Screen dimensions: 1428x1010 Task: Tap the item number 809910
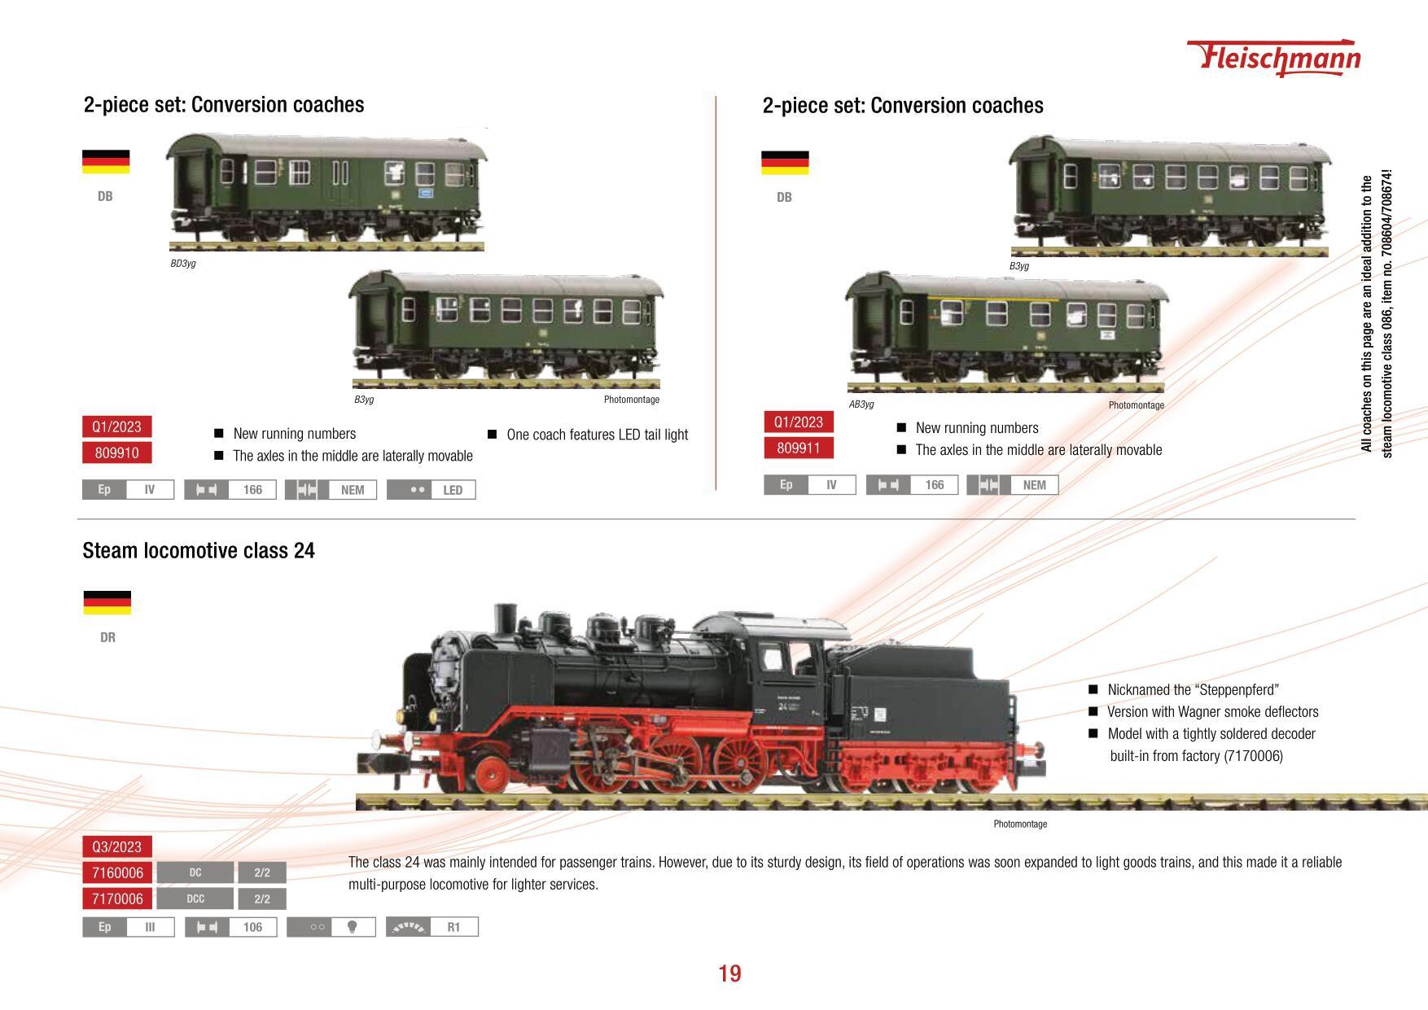[116, 453]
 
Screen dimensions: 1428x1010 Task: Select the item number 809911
[799, 448]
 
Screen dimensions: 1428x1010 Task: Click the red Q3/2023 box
[116, 847]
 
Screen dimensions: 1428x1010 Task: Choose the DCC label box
[195, 899]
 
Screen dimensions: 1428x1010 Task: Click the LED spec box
[431, 490]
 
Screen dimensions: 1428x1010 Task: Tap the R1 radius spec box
[431, 927]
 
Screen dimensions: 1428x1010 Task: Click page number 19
[729, 973]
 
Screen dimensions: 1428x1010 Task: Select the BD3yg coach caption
[183, 264]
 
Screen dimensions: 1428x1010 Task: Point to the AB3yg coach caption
[861, 404]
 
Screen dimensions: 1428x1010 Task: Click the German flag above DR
[107, 603]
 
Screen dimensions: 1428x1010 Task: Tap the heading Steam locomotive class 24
[199, 551]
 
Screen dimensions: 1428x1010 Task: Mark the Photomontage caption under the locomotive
[1020, 824]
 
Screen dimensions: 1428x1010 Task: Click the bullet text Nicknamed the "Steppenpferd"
[1193, 690]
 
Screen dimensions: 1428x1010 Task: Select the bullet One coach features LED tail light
[597, 435]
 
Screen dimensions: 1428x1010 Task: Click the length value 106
[252, 927]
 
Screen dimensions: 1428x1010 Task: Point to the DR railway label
[107, 637]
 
